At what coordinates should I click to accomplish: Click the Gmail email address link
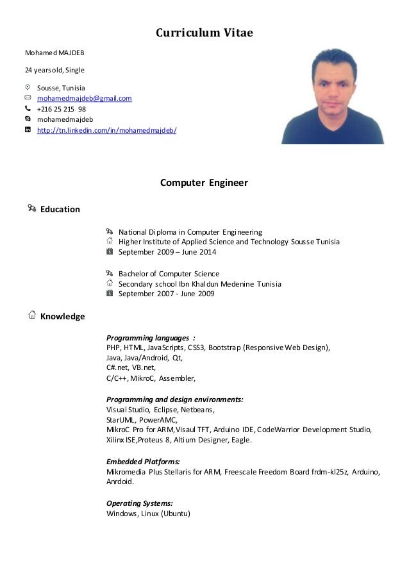tap(84, 98)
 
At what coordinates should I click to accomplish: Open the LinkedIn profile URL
tap(106, 130)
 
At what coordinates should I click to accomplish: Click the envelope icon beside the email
tap(27, 98)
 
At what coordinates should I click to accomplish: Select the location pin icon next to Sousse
tap(27, 87)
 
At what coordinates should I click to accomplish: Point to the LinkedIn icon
tap(27, 130)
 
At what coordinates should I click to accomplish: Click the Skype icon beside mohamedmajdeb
tap(27, 119)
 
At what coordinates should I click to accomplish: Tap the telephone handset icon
tap(27, 109)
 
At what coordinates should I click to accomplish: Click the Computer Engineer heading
tap(203, 183)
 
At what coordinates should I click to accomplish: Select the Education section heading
tap(60, 209)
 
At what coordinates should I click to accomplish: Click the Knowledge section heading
tap(62, 316)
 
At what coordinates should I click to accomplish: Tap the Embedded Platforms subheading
tap(142, 461)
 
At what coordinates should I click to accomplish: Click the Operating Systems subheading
tap(139, 503)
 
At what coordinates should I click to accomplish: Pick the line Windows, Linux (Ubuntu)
tap(149, 514)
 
